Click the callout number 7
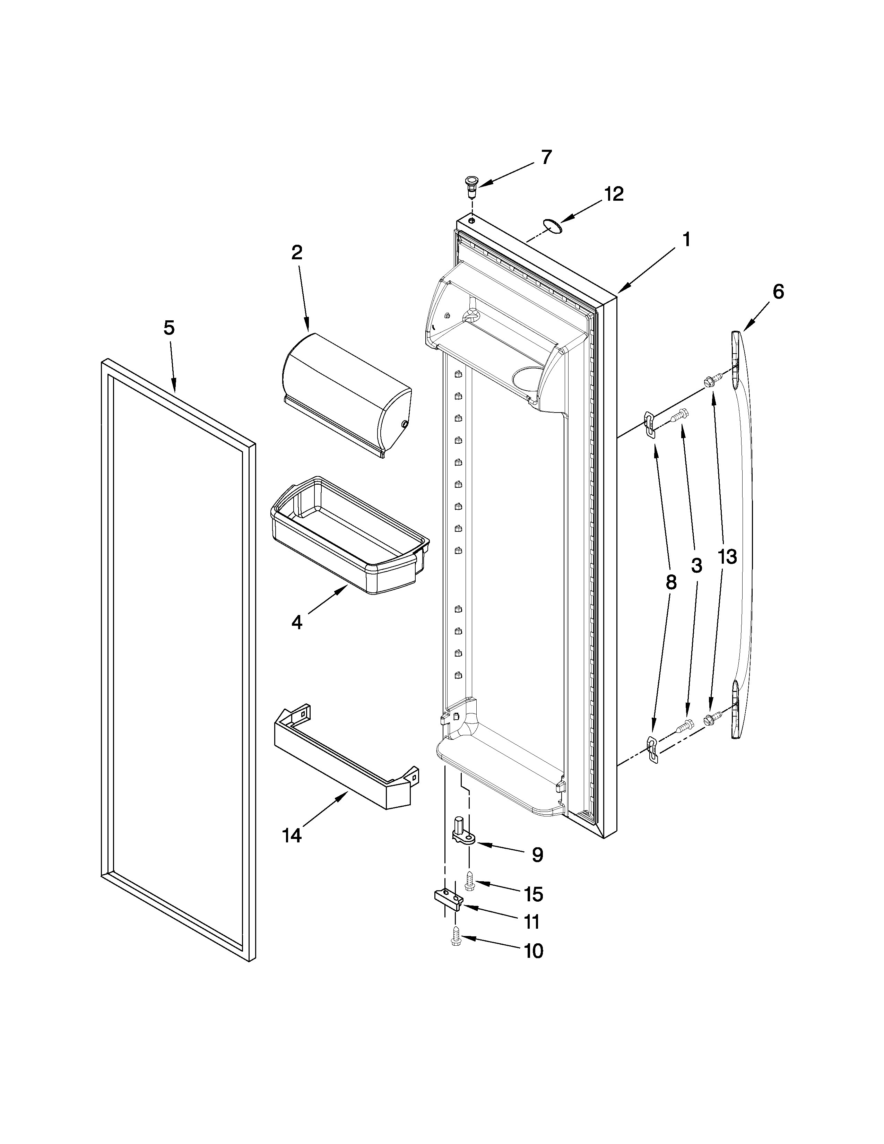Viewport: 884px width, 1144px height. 546,157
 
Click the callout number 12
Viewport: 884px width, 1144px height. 614,194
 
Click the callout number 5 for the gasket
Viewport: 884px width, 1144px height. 168,328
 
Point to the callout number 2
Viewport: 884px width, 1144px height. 297,253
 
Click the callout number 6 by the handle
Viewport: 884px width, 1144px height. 778,292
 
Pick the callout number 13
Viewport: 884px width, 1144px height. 727,557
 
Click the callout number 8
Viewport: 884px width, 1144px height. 671,582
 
